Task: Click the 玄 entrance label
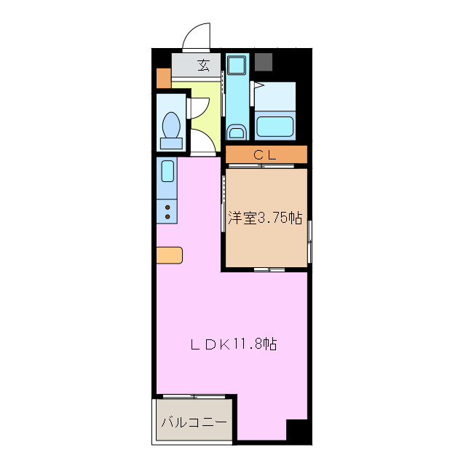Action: pyautogui.click(x=203, y=66)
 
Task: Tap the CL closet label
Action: pyautogui.click(x=265, y=154)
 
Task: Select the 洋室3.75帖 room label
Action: pyautogui.click(x=264, y=218)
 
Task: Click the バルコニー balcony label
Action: pyautogui.click(x=194, y=422)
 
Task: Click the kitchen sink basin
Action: pyautogui.click(x=167, y=172)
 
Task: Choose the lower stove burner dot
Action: pyautogui.click(x=167, y=217)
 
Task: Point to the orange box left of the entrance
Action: pyautogui.click(x=163, y=76)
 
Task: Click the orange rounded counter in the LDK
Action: pyautogui.click(x=169, y=255)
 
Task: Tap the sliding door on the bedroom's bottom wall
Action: pyautogui.click(x=269, y=269)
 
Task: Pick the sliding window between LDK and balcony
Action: pyautogui.click(x=194, y=397)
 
